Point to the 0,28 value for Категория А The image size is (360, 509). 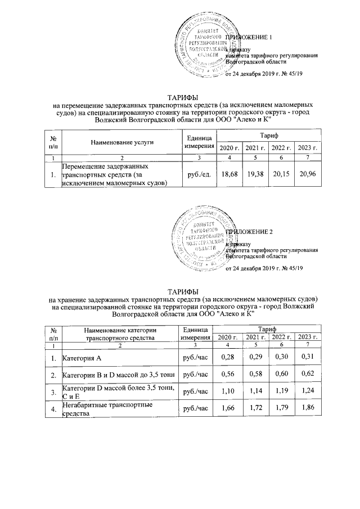click(x=228, y=357)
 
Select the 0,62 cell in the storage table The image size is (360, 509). click(x=308, y=374)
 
